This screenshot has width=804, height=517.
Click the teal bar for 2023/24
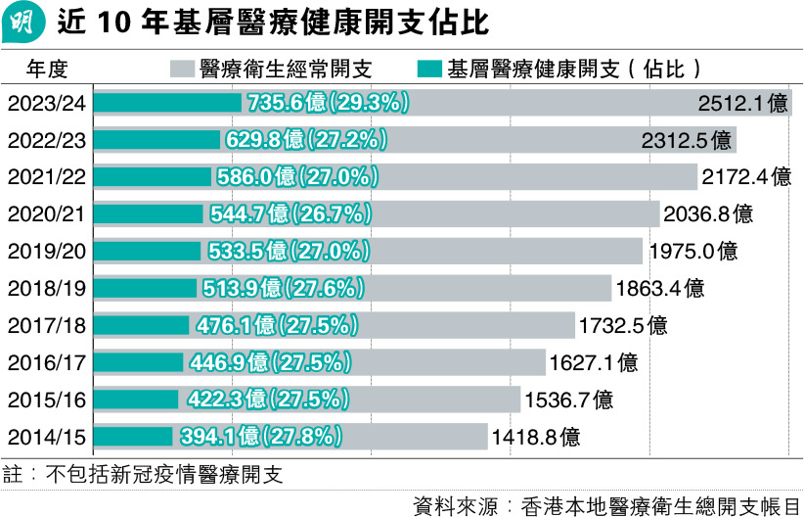pyautogui.click(x=166, y=103)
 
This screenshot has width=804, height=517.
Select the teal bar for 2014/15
pyautogui.click(x=135, y=436)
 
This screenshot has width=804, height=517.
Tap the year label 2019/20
pyautogui.click(x=45, y=250)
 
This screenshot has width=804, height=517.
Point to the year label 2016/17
pyautogui.click(x=45, y=362)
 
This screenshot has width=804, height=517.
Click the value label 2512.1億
pyautogui.click(x=743, y=103)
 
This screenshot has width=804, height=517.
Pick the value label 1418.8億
pyautogui.click(x=537, y=436)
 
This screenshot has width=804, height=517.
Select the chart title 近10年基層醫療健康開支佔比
pyautogui.click(x=273, y=22)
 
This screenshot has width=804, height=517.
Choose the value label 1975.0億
pyautogui.click(x=692, y=251)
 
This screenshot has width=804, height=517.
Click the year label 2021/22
pyautogui.click(x=45, y=177)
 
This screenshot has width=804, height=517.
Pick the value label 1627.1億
pyautogui.click(x=594, y=362)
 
